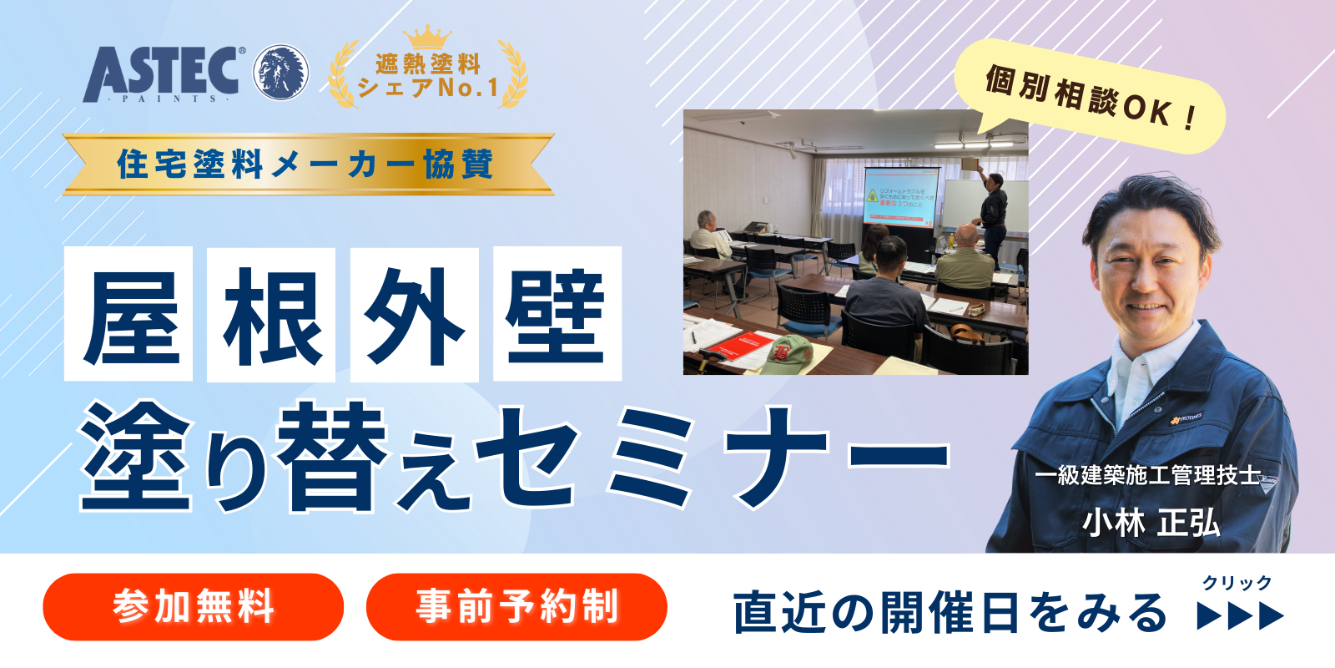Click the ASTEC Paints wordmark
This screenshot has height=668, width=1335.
163,73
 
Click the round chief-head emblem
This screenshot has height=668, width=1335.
280,73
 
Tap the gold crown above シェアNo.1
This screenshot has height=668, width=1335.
427,38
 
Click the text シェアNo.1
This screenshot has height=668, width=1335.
427,88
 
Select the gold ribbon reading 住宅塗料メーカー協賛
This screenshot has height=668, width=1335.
307,164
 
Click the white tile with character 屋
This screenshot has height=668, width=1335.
129,315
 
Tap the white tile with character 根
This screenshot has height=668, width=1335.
271,315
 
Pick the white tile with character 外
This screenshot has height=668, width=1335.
415,315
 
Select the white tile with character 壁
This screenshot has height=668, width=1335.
557,315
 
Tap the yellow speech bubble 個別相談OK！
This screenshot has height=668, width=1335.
1090,97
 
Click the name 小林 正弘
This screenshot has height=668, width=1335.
1151,524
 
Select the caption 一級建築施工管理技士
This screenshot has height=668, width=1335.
1148,475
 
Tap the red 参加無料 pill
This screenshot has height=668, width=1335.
194,607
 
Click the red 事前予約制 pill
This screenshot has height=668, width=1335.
516,607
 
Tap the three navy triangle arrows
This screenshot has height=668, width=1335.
1240,616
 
